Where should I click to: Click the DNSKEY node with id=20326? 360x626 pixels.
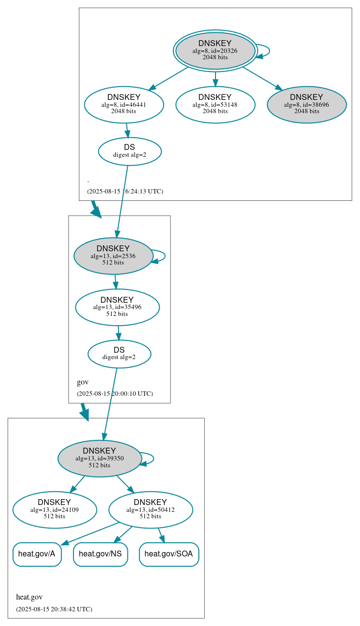(x=215, y=50)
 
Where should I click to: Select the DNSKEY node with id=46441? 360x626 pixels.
(x=123, y=104)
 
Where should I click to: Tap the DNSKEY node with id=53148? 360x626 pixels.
(x=215, y=104)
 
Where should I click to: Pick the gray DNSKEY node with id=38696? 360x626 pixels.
(x=307, y=104)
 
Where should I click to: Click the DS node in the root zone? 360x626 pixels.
(x=129, y=151)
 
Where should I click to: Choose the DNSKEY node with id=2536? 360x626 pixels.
(x=113, y=256)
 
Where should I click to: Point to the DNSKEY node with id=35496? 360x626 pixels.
(x=117, y=307)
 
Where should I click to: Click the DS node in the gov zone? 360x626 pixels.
(x=119, y=354)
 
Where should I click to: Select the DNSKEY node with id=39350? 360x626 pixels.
(x=99, y=458)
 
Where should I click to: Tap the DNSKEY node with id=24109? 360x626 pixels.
(x=54, y=510)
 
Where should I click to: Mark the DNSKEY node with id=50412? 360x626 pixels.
(x=150, y=510)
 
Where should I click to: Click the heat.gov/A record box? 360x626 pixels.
(x=37, y=554)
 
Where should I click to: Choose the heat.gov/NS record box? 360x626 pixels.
(x=100, y=554)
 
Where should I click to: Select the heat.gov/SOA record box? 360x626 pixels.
(x=169, y=554)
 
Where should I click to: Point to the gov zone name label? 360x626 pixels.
(x=83, y=382)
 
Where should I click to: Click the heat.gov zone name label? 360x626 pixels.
(x=29, y=597)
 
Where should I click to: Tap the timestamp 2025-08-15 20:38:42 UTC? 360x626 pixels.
(x=54, y=609)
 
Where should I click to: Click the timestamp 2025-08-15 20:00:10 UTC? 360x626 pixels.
(x=115, y=394)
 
